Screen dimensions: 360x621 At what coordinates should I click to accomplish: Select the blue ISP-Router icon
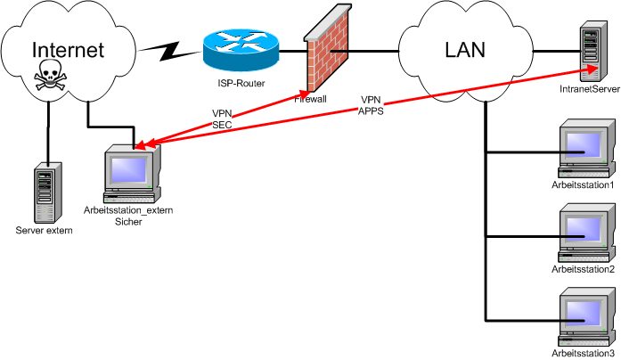[240, 50]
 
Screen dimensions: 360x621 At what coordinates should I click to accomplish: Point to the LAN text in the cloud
[464, 49]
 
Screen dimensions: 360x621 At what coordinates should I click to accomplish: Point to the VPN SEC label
[222, 119]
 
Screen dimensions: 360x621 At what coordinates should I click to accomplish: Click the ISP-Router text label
[240, 84]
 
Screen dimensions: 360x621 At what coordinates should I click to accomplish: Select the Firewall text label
[311, 99]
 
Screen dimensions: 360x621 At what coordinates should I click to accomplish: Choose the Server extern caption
[44, 231]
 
